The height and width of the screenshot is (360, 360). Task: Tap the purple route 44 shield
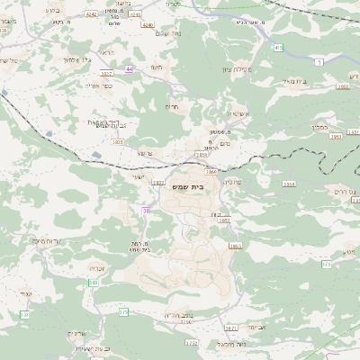(x=130, y=69)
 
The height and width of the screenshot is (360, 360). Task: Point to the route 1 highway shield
(x=319, y=62)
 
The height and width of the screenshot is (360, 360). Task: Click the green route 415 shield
(x=279, y=48)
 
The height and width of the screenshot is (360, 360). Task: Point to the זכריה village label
(x=99, y=267)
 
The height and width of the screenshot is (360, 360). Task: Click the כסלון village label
(x=321, y=127)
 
